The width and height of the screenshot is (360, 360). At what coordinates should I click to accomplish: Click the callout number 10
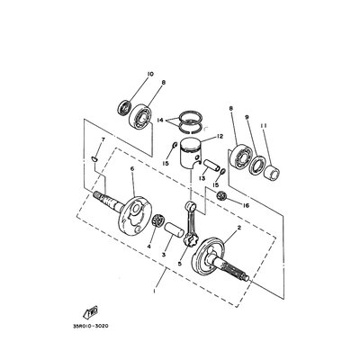click(150, 74)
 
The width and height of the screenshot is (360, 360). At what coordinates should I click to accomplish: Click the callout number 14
click(160, 120)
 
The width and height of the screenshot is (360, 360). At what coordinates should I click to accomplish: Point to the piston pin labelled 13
click(212, 166)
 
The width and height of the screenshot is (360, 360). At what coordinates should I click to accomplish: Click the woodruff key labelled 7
click(94, 157)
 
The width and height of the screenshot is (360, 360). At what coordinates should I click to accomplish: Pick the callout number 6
click(132, 169)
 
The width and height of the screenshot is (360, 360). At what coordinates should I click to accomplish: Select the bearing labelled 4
click(157, 222)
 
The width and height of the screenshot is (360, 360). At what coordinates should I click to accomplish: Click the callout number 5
click(179, 264)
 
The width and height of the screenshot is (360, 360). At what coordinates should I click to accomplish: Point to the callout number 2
click(239, 229)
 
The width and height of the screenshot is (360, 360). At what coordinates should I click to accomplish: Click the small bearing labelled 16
click(223, 196)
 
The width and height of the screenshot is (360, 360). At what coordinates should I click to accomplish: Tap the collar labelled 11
click(272, 173)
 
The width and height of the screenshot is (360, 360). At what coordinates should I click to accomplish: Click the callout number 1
click(155, 291)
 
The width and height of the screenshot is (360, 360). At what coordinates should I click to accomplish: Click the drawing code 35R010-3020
click(90, 326)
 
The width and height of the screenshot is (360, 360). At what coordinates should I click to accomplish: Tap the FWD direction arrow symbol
click(90, 312)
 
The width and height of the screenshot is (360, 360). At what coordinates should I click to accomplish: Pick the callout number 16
click(246, 206)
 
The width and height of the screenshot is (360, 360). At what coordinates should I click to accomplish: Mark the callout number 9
click(247, 117)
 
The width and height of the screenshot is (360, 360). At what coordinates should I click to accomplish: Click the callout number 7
click(103, 139)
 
